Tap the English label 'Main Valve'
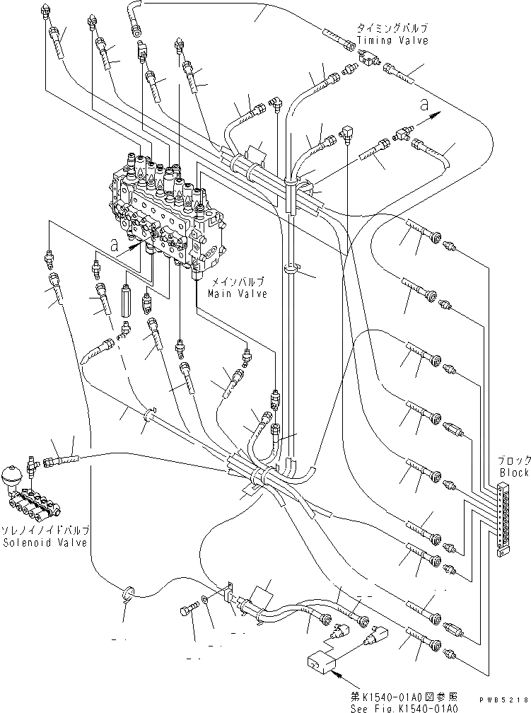pyautogui.click(x=237, y=294)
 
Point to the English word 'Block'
pyautogui.click(x=513, y=473)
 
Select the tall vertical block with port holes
pyautogui.click(x=504, y=518)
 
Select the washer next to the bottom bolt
pyautogui.click(x=205, y=601)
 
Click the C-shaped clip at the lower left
pyautogui.click(x=128, y=593)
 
